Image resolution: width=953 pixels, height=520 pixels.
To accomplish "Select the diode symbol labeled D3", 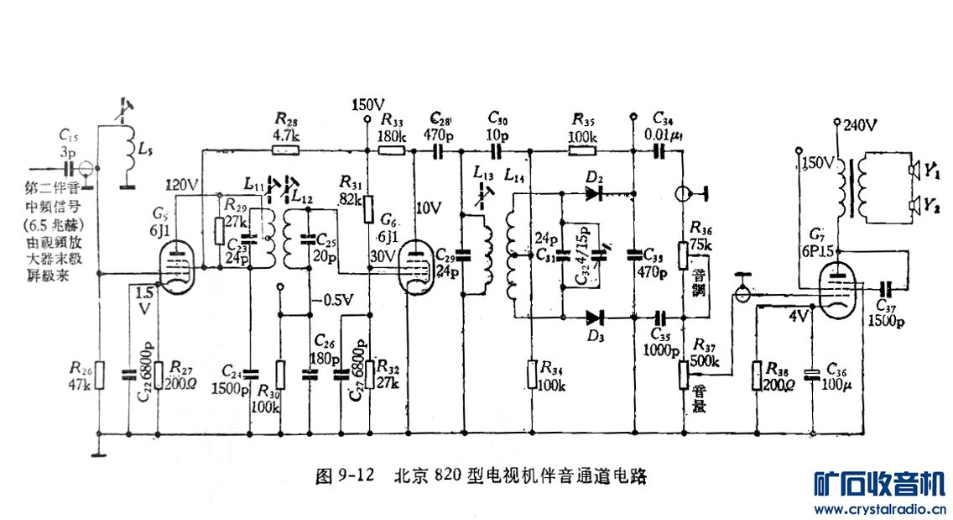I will (595, 318).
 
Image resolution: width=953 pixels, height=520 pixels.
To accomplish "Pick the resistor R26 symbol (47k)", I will (99, 376).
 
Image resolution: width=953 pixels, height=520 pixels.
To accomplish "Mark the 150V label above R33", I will (367, 105).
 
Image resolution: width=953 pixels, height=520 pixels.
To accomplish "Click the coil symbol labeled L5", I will (128, 151).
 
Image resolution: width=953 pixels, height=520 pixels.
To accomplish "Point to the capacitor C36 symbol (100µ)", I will (811, 376).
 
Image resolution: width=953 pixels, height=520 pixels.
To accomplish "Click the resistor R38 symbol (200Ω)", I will (758, 376).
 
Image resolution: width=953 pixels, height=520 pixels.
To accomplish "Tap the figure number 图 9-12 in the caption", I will (344, 476).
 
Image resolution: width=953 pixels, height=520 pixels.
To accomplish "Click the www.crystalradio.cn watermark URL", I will (880, 508).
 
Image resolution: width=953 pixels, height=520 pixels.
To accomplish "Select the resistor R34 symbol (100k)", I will (532, 374).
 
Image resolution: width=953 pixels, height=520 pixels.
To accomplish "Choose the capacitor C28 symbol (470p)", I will (437, 151).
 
